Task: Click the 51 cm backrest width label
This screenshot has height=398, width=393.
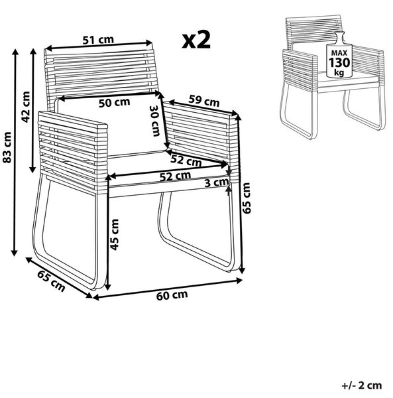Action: tap(98, 40)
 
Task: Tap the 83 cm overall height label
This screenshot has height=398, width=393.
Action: tap(7, 147)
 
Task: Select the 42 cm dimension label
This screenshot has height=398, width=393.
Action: tap(26, 107)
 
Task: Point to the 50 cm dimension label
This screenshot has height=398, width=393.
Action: tap(115, 103)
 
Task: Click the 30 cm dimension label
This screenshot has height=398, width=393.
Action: tap(155, 121)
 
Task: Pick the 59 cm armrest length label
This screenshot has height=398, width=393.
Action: tap(204, 101)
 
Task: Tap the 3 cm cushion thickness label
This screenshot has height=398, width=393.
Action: tap(217, 182)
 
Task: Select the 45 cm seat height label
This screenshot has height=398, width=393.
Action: tap(115, 235)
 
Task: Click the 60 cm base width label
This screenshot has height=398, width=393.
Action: tap(172, 295)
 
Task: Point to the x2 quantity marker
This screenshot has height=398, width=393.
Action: tap(196, 40)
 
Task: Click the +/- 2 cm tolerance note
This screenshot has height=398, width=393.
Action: tap(362, 385)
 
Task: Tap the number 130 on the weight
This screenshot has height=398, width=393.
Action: tap(339, 62)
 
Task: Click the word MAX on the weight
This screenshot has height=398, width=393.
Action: tap(339, 53)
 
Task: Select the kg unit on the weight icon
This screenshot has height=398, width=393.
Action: tap(339, 72)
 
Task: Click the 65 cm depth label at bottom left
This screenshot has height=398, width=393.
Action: tap(51, 281)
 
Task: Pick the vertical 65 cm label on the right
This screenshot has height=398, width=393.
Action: tap(246, 198)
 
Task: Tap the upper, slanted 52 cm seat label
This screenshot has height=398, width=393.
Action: tap(186, 161)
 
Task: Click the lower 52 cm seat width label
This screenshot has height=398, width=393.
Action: tap(175, 176)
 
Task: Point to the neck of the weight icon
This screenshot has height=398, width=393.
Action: tap(339, 38)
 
